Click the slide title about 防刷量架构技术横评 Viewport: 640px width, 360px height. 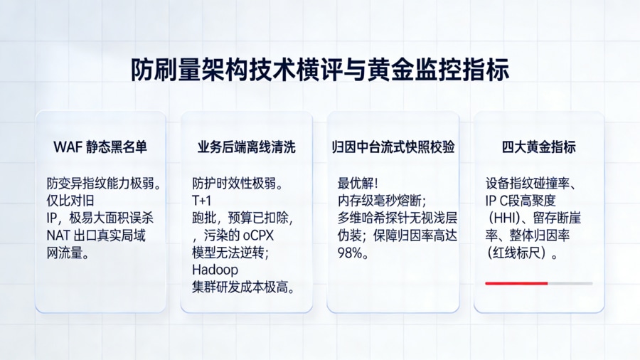pos(319,70)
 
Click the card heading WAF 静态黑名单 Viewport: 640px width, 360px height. pos(100,147)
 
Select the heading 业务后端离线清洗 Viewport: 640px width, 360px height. pos(246,147)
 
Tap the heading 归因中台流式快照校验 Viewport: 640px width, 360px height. pos(393,147)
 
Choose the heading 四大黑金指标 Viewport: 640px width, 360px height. pos(538,147)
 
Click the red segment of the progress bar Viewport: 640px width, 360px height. pos(516,283)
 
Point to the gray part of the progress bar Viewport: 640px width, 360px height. pos(570,283)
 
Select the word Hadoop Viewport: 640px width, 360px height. pos(215,270)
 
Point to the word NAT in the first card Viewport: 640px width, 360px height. pos(59,235)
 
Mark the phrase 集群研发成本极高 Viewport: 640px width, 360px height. pos(242,287)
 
